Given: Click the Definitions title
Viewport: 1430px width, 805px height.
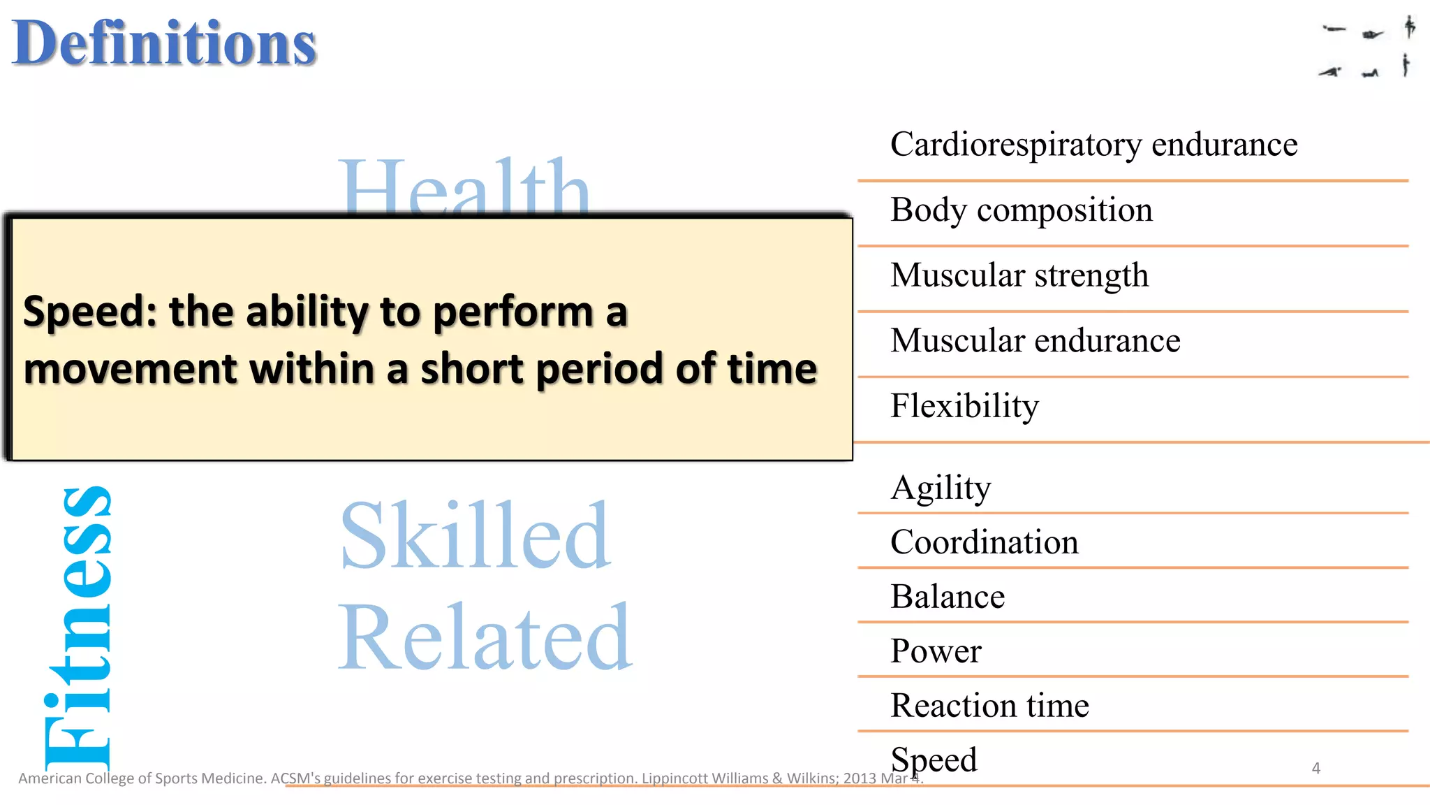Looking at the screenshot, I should pos(164,43).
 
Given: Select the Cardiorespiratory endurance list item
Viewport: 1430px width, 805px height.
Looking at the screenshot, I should pos(1093,145).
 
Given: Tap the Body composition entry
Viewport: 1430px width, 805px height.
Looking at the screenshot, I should pos(1021,210).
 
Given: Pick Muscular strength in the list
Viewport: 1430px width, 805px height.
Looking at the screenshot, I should pos(1019,275).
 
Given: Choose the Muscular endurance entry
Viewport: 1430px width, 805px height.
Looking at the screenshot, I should pos(1035,341).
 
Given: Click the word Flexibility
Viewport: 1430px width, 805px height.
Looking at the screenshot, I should pos(964,406).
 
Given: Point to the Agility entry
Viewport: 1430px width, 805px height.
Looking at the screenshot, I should pos(941,487).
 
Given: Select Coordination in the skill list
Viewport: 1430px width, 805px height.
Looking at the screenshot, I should pos(984,542).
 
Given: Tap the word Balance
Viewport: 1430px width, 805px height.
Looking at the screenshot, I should pos(947,597).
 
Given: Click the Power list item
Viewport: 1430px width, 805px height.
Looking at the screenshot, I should pos(935,651).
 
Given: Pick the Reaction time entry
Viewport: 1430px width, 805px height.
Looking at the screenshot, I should pos(989,706).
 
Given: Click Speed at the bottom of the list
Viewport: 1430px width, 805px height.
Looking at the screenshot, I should pos(934,760).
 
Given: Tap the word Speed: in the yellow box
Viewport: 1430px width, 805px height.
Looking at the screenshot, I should pos(90,312).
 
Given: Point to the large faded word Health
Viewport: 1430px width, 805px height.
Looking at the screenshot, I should pos(464,187).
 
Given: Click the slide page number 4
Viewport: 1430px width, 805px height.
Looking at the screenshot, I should pos(1315,768).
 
